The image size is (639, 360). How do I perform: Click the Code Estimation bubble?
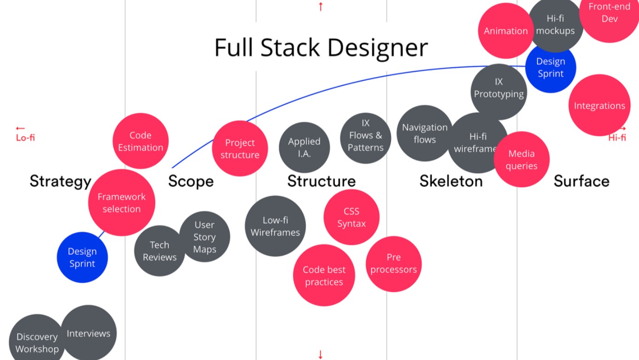[140, 141]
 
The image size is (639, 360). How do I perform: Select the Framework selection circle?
[121, 202]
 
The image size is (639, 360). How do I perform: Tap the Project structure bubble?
[239, 149]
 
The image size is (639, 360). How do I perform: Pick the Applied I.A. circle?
[304, 147]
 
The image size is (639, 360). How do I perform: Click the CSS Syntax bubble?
[351, 217]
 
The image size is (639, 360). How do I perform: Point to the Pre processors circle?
[394, 264]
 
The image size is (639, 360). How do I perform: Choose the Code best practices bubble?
[324, 276]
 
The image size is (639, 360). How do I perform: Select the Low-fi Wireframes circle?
[275, 226]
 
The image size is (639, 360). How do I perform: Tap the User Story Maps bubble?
[204, 237]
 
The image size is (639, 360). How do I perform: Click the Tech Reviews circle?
[159, 251]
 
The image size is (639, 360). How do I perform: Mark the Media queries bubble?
[521, 159]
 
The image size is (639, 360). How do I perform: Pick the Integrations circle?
[599, 106]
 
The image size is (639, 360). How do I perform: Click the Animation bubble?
[505, 31]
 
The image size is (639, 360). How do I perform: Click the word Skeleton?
[451, 181]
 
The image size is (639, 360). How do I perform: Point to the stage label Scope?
[191, 181]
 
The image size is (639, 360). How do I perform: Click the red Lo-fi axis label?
[25, 137]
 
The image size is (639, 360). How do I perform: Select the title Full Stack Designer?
[321, 48]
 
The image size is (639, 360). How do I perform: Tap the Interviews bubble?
[89, 333]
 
